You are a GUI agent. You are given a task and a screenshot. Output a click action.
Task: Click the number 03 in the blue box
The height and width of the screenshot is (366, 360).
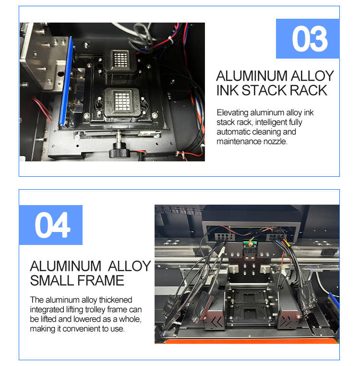click(310, 39)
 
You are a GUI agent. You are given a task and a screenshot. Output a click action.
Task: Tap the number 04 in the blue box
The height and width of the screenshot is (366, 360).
click(52, 225)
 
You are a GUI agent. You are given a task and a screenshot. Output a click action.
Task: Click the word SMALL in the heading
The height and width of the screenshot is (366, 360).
click(52, 281)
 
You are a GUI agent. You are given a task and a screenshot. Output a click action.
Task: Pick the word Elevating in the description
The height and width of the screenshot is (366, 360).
click(232, 113)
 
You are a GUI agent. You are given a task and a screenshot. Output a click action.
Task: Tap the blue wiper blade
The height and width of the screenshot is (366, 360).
click(66, 82)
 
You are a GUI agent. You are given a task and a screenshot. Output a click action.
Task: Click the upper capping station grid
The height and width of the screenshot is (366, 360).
click(120, 59)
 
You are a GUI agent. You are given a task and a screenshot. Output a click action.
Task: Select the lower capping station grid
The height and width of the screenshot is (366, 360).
click(122, 100)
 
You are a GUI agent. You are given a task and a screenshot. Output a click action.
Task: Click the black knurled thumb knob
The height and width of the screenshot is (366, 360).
click(120, 150)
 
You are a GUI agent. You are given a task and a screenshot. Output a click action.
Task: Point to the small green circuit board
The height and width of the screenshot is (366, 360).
click(250, 244)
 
